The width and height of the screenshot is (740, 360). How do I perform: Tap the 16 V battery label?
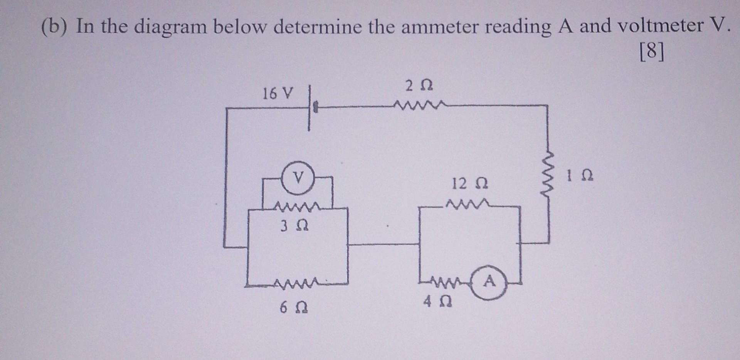277,93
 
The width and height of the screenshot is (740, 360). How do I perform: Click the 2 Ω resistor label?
419,86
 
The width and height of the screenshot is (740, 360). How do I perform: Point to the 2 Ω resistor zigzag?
419,104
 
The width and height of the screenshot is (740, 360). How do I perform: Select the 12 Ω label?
469,184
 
